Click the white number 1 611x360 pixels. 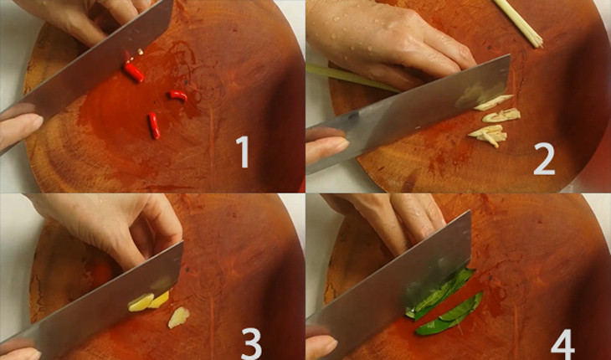pos(243,152)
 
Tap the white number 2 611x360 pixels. pos(544,158)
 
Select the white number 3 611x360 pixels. pos(251,343)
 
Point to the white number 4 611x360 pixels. pos(562,344)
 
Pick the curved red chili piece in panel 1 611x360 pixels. pos(177,95)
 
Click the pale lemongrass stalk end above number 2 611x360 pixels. pos(519,23)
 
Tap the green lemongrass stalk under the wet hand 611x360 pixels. pos(351,77)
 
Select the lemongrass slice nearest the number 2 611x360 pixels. pos(488,135)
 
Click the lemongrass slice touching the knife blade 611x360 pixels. pos(493,102)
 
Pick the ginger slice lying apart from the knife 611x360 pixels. pos(178,317)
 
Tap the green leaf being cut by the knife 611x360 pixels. pos(440,293)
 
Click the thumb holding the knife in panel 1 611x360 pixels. pos(19,129)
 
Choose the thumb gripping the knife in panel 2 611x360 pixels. pos(326,148)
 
